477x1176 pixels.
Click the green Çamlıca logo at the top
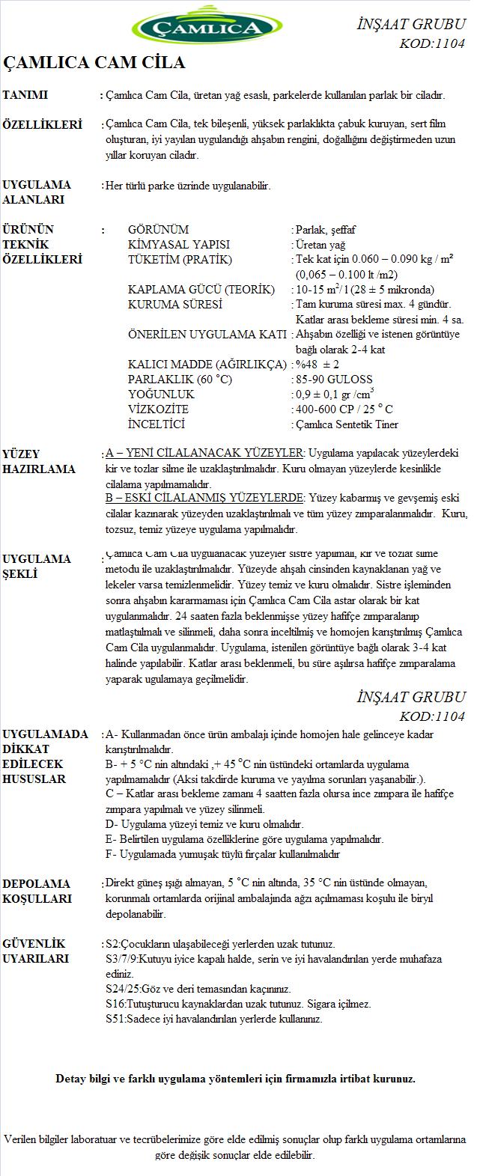198,28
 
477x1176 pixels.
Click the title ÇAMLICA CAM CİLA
94,62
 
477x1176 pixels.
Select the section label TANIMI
25,95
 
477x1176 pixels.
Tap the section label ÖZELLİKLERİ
43,125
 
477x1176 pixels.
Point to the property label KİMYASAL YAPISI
179,245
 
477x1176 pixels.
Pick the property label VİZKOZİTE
158,409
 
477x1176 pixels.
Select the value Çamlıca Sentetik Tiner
347,424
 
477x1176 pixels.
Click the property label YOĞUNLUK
161,394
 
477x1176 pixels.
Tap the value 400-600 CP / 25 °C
344,409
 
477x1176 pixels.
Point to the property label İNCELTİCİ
157,424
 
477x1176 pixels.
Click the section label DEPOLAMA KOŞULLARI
37,892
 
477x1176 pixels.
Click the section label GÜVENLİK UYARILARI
35,951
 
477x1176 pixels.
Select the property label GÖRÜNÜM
158,230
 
